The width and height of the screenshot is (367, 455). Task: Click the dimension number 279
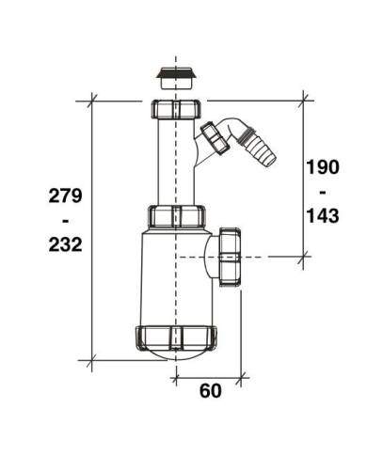[x=65, y=196]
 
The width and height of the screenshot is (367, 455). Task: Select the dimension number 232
[x=65, y=244]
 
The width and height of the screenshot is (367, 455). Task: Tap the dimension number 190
[x=323, y=167]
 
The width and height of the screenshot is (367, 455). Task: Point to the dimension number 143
[x=323, y=216]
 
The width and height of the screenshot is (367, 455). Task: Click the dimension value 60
[x=211, y=391]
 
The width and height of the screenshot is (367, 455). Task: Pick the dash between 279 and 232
[x=65, y=221]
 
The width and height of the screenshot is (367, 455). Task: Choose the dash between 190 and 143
[x=323, y=193]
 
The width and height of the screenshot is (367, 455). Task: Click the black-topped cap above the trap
[x=177, y=77]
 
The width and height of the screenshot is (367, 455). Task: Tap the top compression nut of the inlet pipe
[x=177, y=109]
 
